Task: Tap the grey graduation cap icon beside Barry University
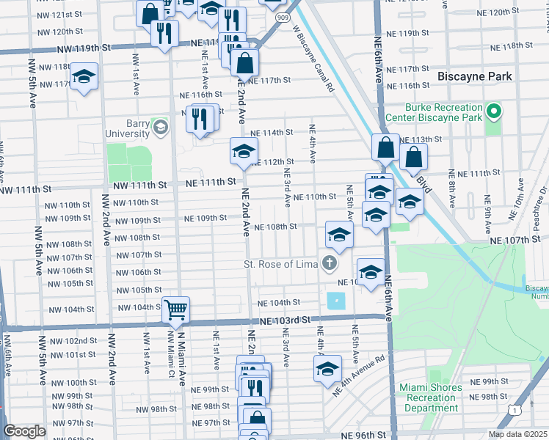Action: [x=159, y=128]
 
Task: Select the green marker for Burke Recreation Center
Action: [x=494, y=112]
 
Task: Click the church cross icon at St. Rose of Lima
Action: [x=330, y=263]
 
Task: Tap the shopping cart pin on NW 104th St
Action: [x=176, y=309]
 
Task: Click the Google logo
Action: [x=24, y=432]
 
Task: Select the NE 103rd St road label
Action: [x=285, y=320]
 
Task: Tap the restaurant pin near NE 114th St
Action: [x=200, y=119]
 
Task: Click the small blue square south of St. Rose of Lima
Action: [x=335, y=301]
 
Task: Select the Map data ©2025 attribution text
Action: [x=517, y=434]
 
